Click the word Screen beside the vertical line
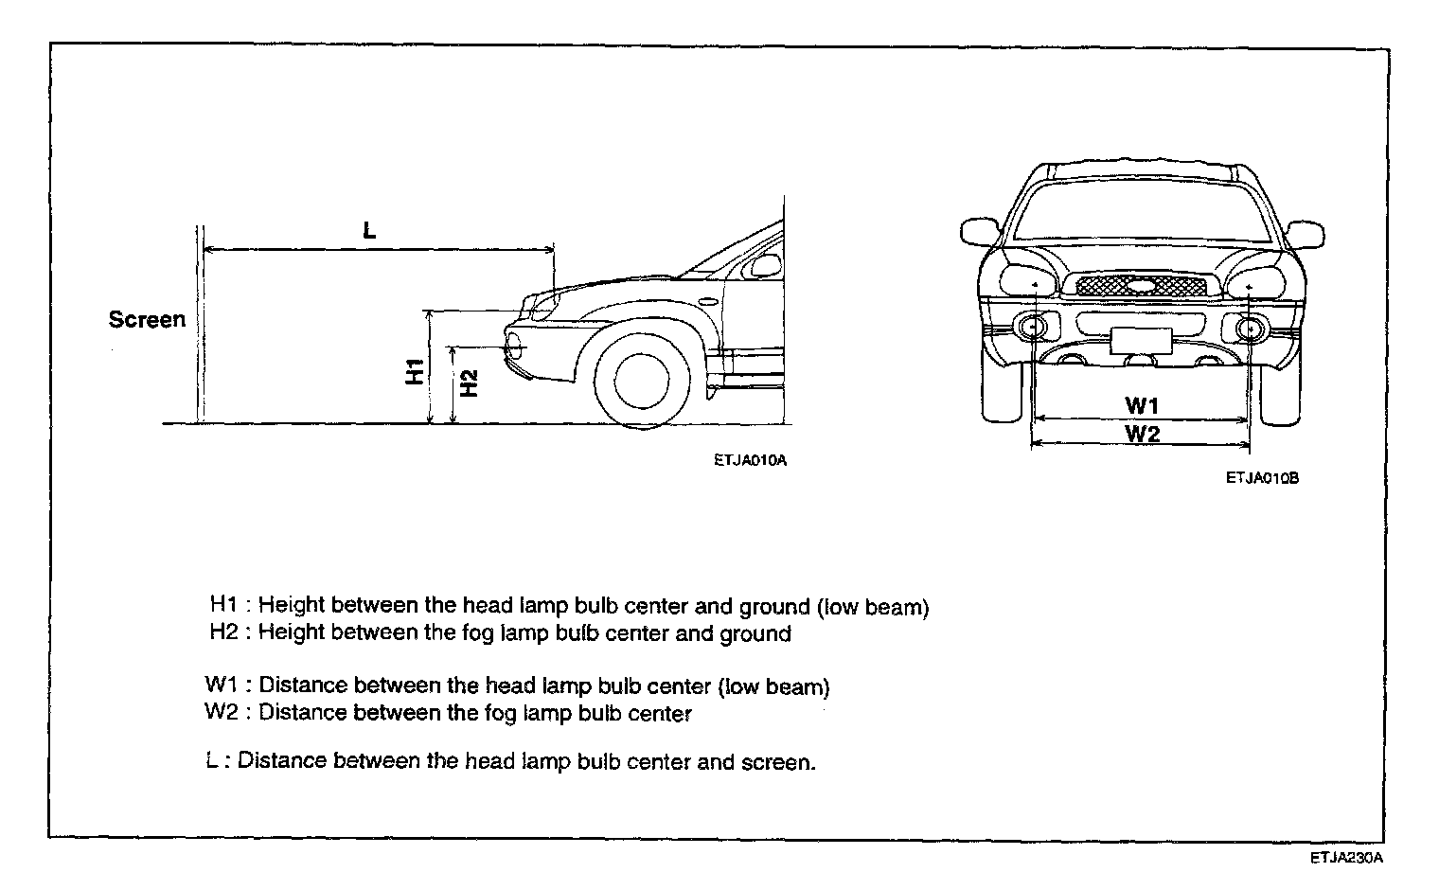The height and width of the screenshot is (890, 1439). click(147, 320)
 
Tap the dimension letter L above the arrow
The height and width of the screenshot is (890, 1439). click(369, 229)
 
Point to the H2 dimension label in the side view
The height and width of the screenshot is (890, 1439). click(469, 383)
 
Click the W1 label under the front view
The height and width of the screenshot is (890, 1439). click(1143, 405)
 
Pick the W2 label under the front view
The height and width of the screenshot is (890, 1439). click(1143, 434)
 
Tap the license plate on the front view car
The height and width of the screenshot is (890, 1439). click(1141, 339)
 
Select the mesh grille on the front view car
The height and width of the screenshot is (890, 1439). click(1136, 286)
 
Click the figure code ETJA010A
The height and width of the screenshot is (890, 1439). click(751, 461)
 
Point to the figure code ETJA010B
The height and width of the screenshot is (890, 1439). click(1262, 479)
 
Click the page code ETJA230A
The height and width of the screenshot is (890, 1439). click(1347, 859)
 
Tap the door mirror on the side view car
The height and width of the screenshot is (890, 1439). click(761, 266)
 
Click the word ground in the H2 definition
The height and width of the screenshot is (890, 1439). click(755, 633)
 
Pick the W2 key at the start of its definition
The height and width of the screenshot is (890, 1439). click(222, 712)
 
